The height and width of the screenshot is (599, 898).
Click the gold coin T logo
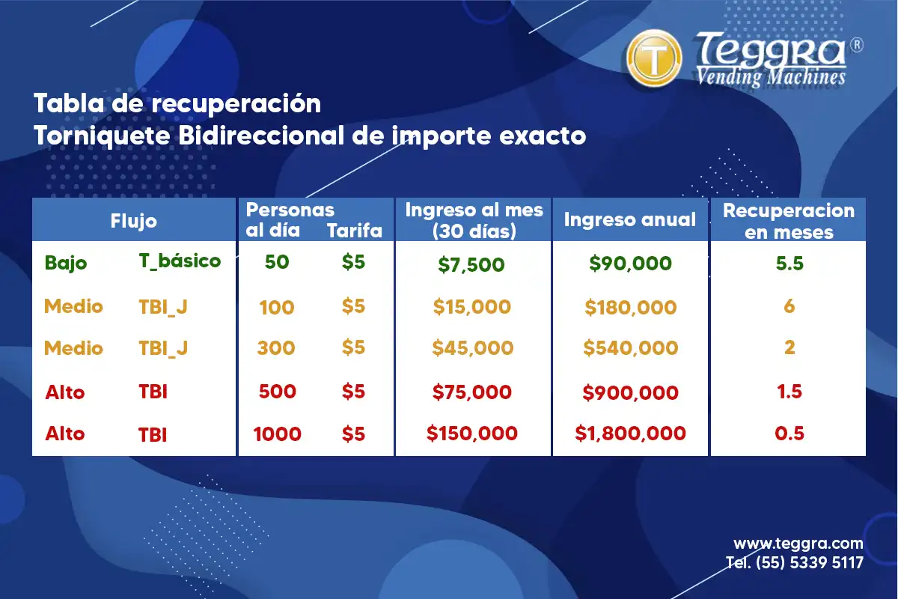(654, 58)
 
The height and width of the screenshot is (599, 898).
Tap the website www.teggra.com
(798, 544)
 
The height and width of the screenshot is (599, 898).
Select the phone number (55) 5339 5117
(810, 562)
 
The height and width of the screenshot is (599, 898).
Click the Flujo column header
(133, 221)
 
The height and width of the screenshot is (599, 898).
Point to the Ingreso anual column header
(630, 219)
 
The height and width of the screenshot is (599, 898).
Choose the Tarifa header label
(355, 231)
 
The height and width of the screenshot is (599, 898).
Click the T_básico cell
(180, 261)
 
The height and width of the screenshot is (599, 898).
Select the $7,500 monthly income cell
(471, 265)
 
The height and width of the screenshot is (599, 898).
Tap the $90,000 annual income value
(630, 264)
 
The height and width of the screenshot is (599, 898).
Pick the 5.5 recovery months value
(789, 264)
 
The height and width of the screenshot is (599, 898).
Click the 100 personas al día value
(277, 307)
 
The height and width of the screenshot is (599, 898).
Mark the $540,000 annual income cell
(631, 347)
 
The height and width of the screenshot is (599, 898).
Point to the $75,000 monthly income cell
(472, 392)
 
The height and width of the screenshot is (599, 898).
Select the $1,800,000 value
(630, 434)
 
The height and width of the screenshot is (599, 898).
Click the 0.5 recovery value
(789, 434)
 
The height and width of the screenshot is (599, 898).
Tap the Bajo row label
(66, 263)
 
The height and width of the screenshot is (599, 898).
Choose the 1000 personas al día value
(277, 434)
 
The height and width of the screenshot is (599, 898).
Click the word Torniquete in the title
(103, 136)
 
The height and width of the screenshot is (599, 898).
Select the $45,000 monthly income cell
(473, 347)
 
